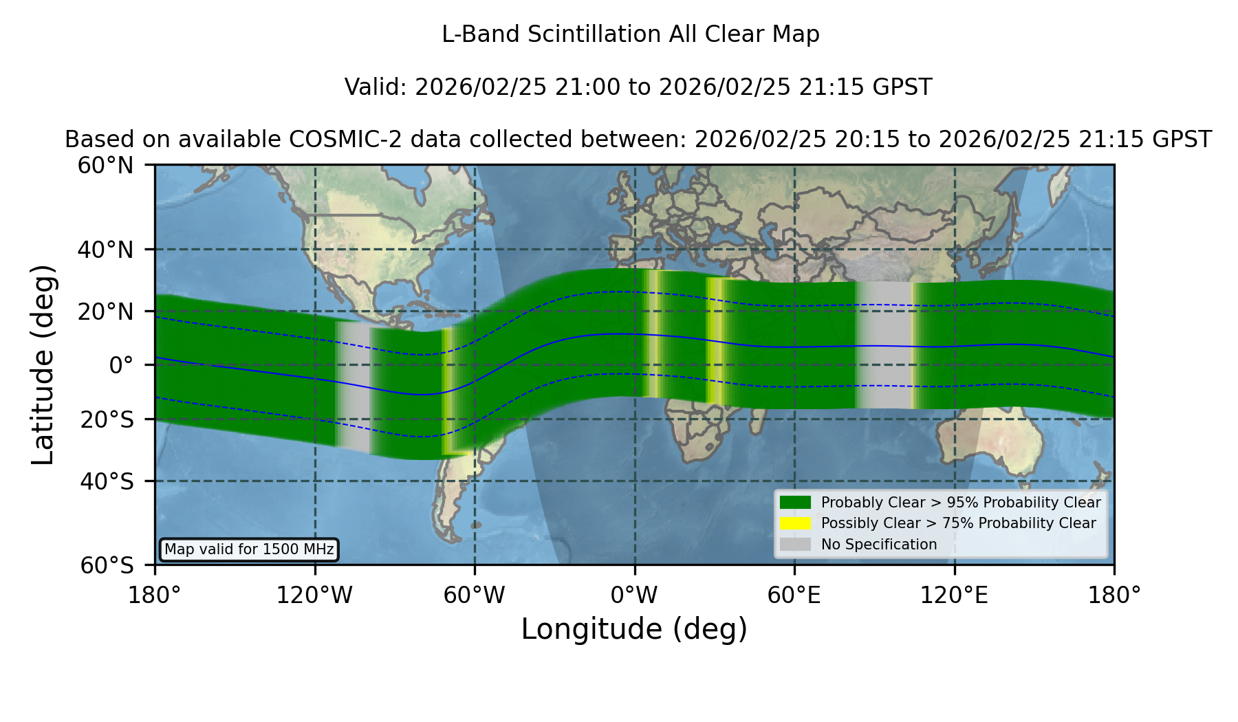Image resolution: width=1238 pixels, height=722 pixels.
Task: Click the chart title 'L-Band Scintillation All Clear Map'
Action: tap(630, 34)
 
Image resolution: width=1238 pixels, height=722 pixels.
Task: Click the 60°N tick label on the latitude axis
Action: tap(106, 166)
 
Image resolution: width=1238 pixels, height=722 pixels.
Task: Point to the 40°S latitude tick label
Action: tap(107, 481)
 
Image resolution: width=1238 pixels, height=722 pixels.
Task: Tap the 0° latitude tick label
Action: tap(121, 365)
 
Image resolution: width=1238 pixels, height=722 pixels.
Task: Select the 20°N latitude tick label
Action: tap(106, 311)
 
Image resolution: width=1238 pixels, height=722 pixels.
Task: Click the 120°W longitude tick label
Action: tap(314, 595)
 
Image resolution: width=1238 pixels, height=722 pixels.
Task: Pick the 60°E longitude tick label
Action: tap(794, 595)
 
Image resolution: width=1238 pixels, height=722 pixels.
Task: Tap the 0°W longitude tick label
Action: tap(634, 595)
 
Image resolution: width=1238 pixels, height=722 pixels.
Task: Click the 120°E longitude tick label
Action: tap(954, 595)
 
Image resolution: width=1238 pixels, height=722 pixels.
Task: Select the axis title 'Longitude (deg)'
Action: tap(634, 629)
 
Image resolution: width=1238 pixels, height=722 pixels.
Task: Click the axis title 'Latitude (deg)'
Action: tap(43, 364)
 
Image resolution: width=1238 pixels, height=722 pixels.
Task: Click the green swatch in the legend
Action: tap(796, 503)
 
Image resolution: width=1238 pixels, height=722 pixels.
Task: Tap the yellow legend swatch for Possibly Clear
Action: tap(796, 523)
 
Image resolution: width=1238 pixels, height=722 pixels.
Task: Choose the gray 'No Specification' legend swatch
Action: tap(796, 545)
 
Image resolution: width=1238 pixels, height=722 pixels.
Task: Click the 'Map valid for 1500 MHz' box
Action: tap(249, 549)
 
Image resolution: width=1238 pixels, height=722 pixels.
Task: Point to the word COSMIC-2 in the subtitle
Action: tap(333, 140)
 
